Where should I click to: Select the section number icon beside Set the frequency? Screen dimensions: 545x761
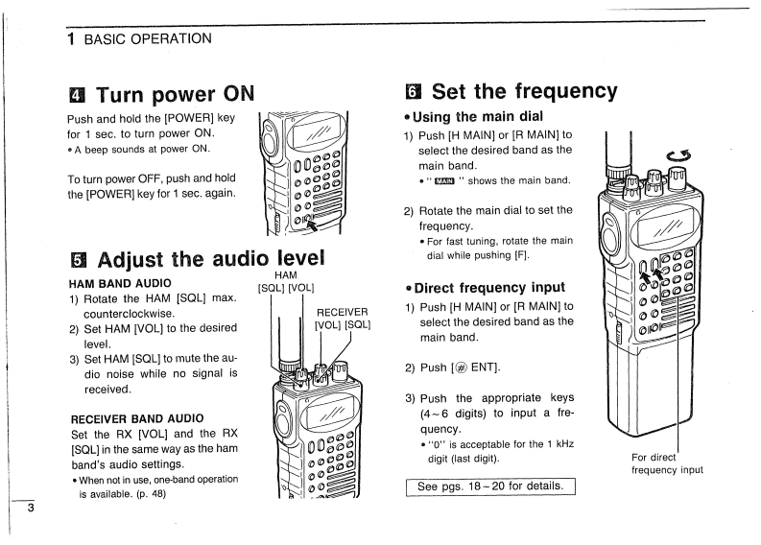coord(415,92)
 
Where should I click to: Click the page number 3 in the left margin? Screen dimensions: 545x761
coord(29,508)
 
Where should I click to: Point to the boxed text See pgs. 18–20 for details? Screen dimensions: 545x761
coord(489,486)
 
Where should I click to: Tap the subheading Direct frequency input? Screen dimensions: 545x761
coord(489,287)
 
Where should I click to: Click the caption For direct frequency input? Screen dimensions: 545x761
coord(667,463)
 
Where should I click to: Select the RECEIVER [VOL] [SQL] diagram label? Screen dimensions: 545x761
coord(343,318)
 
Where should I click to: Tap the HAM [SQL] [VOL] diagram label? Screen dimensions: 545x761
coord(286,280)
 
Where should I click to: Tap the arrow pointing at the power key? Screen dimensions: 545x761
coord(310,225)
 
